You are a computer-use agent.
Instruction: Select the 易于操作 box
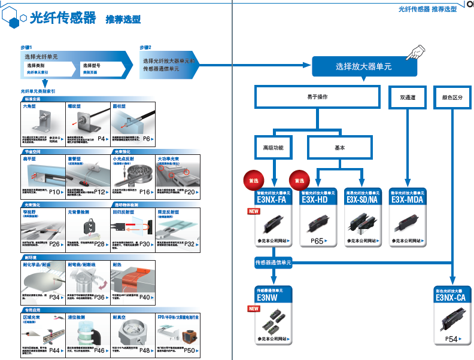pos(317,96)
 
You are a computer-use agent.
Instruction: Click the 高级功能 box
pos(274,147)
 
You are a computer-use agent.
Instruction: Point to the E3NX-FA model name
pos(273,200)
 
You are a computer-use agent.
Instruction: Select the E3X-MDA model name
pos(408,200)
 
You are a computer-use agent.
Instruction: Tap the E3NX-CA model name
pos(451,297)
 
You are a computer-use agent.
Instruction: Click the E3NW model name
pos(266,297)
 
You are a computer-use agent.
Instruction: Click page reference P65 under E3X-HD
pos(317,241)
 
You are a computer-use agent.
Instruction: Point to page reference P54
pos(451,339)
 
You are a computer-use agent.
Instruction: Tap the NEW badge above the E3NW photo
pos(254,309)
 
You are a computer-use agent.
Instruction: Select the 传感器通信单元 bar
pos(274,263)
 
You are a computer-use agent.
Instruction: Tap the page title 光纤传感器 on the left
pos(63,18)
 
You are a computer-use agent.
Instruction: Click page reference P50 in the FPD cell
pos(189,350)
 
